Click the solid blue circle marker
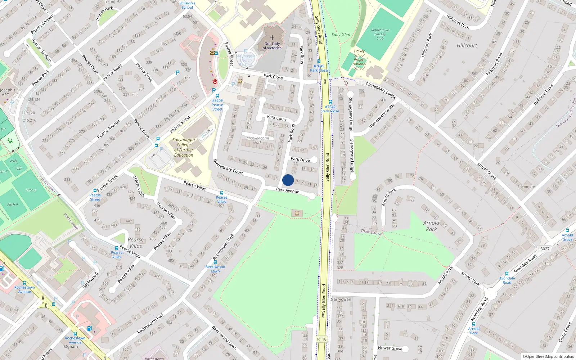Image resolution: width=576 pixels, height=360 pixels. [288, 180]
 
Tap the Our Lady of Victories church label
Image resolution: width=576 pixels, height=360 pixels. [272, 46]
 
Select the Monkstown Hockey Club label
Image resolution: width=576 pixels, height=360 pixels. [380, 34]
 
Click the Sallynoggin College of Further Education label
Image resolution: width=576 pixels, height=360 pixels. [184, 147]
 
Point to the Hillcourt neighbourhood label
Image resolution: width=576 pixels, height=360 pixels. [467, 45]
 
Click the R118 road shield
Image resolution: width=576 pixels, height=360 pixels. [322, 339]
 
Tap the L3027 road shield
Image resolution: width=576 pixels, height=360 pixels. [544, 249]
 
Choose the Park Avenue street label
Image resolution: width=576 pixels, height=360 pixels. [288, 190]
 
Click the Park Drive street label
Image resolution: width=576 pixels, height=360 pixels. [300, 159]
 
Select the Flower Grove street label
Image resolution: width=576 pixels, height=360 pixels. [390, 348]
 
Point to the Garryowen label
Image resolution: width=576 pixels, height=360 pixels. [341, 300]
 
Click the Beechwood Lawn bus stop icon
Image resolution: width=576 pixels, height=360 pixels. [215, 262]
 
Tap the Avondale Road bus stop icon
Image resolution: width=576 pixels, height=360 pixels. [507, 274]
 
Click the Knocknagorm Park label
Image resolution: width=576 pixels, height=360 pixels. [258, 140]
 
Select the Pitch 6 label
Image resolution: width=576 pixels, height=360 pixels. [31, 190]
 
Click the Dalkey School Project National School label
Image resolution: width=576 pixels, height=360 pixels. [359, 60]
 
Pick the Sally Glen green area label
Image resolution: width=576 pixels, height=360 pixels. [341, 35]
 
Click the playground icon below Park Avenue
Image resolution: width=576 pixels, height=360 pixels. [297, 213]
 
